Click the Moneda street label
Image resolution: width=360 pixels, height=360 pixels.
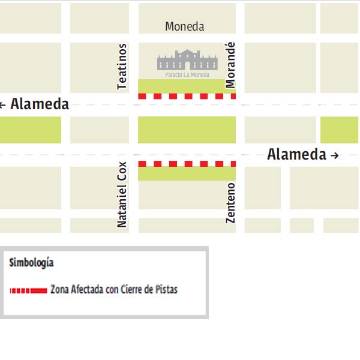(184, 26)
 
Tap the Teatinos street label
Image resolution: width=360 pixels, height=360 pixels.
(122, 67)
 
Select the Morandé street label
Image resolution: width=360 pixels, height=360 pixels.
(231, 65)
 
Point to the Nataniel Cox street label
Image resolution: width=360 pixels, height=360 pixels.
(122, 194)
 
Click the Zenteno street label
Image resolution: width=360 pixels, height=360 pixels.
(231, 203)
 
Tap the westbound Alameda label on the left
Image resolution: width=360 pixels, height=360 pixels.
(40, 104)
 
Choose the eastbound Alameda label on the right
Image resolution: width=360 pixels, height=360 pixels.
(296, 155)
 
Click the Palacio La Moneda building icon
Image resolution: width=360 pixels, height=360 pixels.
(187, 60)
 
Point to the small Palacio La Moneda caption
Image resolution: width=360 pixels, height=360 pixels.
(187, 75)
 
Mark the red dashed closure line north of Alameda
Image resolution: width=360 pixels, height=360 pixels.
(187, 96)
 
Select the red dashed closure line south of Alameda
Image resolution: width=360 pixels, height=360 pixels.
(187, 163)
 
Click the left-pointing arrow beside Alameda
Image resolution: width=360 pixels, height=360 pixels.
(3, 105)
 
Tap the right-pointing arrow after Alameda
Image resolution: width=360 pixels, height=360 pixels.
(335, 155)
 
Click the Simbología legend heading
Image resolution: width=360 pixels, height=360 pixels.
(32, 262)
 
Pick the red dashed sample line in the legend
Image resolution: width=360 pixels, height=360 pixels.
(28, 290)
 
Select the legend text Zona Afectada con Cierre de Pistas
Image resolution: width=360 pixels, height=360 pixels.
(114, 290)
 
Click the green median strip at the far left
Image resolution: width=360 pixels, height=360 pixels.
(30, 130)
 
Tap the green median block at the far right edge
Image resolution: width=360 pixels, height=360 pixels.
(339, 130)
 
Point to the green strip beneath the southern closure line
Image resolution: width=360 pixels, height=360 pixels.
(187, 173)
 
